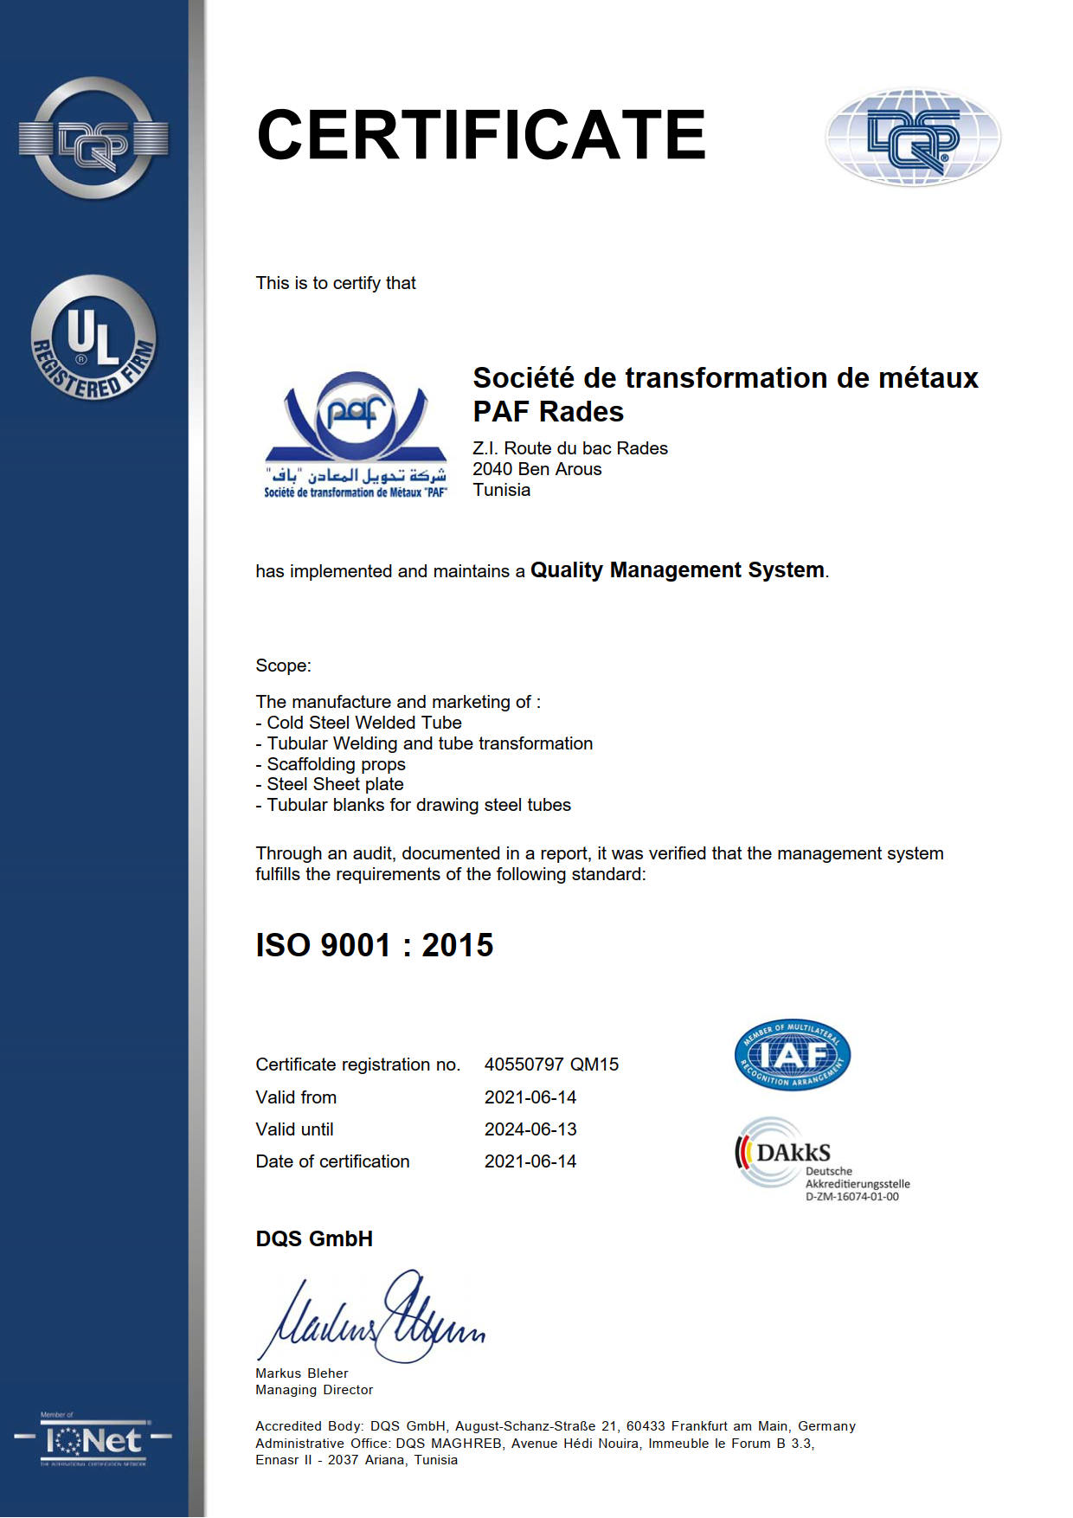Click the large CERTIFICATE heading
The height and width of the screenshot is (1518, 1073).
pos(481,135)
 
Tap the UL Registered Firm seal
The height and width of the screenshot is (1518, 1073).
pos(93,338)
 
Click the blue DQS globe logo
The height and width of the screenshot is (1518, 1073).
pos(913,138)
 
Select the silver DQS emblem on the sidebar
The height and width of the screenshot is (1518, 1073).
pos(93,138)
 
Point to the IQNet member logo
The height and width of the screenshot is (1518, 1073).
pos(93,1440)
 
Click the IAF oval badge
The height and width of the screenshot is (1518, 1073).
pos(792,1054)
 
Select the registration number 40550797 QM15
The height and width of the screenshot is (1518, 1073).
pos(551,1065)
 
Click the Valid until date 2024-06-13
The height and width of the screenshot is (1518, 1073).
pos(530,1129)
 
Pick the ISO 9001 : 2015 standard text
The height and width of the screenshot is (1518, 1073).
pos(374,945)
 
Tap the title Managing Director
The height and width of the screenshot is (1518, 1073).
pos(314,1390)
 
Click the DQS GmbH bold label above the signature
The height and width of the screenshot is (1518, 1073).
pos(314,1238)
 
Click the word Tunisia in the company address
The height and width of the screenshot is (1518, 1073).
pos(502,490)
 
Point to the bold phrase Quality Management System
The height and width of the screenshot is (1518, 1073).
pos(677,570)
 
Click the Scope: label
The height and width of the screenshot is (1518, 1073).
pos(283,666)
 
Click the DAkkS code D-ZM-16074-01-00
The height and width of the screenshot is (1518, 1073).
pos(851,1197)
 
